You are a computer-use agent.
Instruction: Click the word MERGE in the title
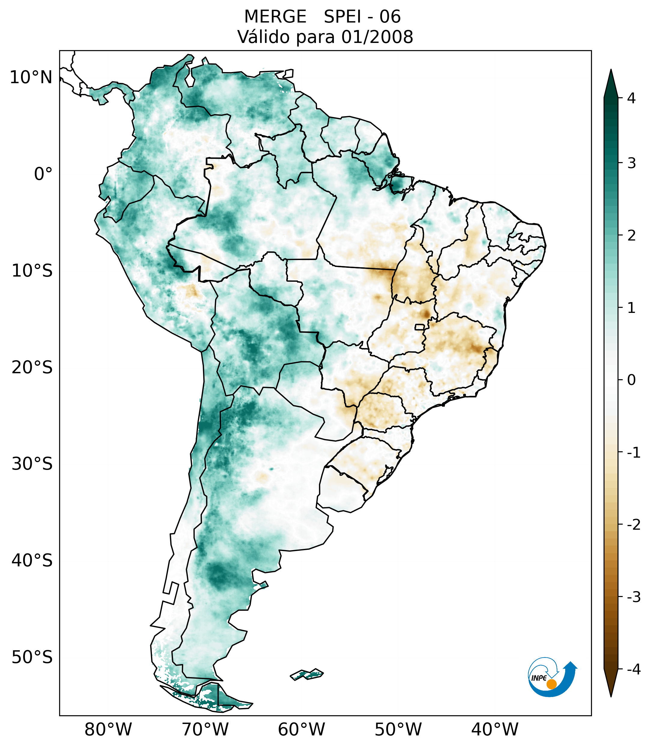point(275,17)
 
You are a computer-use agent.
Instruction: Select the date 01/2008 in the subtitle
point(377,37)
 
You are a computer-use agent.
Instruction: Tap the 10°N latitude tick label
point(31,77)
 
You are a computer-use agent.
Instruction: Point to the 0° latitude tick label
point(43,174)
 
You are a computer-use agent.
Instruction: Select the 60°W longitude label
point(301,729)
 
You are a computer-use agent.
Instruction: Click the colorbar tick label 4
point(631,98)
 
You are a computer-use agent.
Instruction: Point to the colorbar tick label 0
point(631,380)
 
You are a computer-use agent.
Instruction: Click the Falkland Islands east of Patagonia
point(307,674)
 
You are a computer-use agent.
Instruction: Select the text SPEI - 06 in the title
point(362,17)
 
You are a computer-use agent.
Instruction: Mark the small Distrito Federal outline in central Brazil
point(419,327)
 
